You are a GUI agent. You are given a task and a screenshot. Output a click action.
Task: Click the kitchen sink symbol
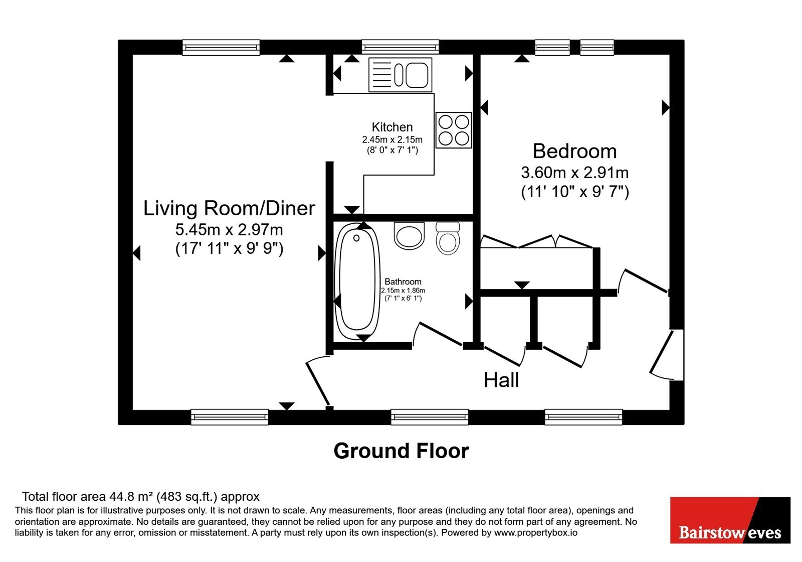pos(400,75)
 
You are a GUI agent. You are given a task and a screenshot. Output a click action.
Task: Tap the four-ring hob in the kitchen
pos(454,130)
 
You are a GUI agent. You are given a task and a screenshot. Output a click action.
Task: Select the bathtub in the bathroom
pos(356,281)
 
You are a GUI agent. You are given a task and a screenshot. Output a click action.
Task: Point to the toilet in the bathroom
pos(448,238)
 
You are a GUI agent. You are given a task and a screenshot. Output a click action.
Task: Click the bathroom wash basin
pos(409,235)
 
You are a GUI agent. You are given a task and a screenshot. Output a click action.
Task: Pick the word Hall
pos(501,380)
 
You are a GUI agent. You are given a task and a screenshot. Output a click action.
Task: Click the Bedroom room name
pos(574,151)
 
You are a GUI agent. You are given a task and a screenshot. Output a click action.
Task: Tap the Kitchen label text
pos(392,127)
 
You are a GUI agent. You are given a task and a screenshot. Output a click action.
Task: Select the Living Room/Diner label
pos(229,208)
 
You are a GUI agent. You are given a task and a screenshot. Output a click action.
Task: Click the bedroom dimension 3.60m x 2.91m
pos(574,173)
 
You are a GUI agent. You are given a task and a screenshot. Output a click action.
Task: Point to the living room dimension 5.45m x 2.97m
pos(229,230)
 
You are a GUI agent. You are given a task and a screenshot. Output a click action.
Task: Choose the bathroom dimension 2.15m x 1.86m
pos(403,291)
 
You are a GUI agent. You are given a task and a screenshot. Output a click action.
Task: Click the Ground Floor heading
pos(402,451)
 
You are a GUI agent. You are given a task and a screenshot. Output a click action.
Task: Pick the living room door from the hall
pos(317,382)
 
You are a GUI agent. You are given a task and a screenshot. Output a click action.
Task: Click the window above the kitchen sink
pos(400,47)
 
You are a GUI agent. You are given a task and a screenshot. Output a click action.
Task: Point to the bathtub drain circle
pos(356,238)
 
